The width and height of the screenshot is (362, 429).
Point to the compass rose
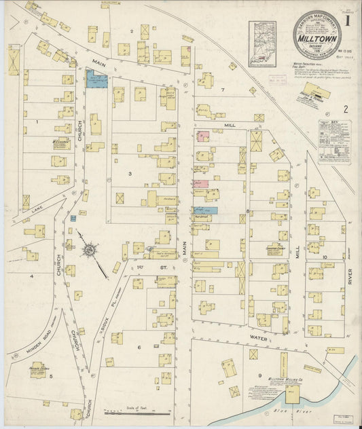pyautogui.click(x=89, y=250)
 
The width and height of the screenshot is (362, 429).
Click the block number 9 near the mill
pyautogui.click(x=259, y=375)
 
